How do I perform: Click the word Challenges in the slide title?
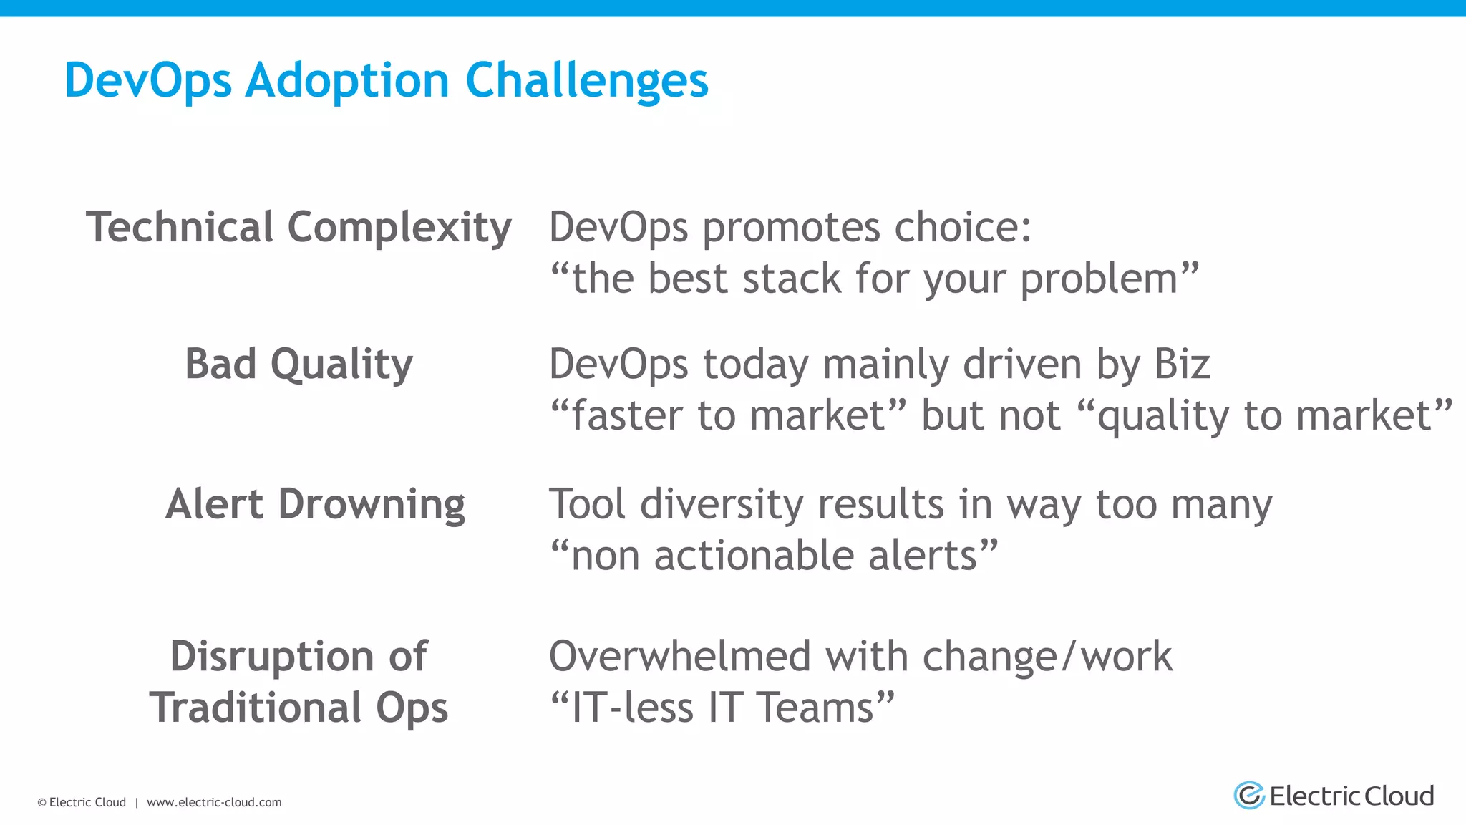586,79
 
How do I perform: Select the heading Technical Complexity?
298,227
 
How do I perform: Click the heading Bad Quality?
298,364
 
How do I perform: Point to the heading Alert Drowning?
315,503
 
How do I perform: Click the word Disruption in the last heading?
272,656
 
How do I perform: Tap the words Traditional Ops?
298,708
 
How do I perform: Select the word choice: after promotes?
963,227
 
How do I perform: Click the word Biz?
1181,364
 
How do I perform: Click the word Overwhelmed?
680,656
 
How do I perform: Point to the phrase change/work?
1047,657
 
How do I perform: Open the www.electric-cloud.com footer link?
214,802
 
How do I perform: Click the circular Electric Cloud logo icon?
1249,796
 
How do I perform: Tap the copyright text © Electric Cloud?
82,802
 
